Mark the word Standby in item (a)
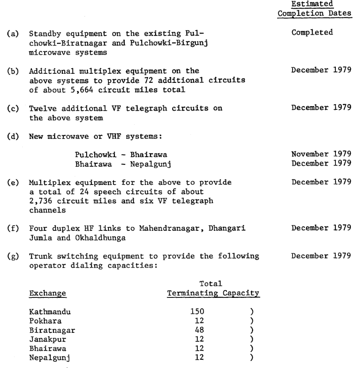(44, 33)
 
